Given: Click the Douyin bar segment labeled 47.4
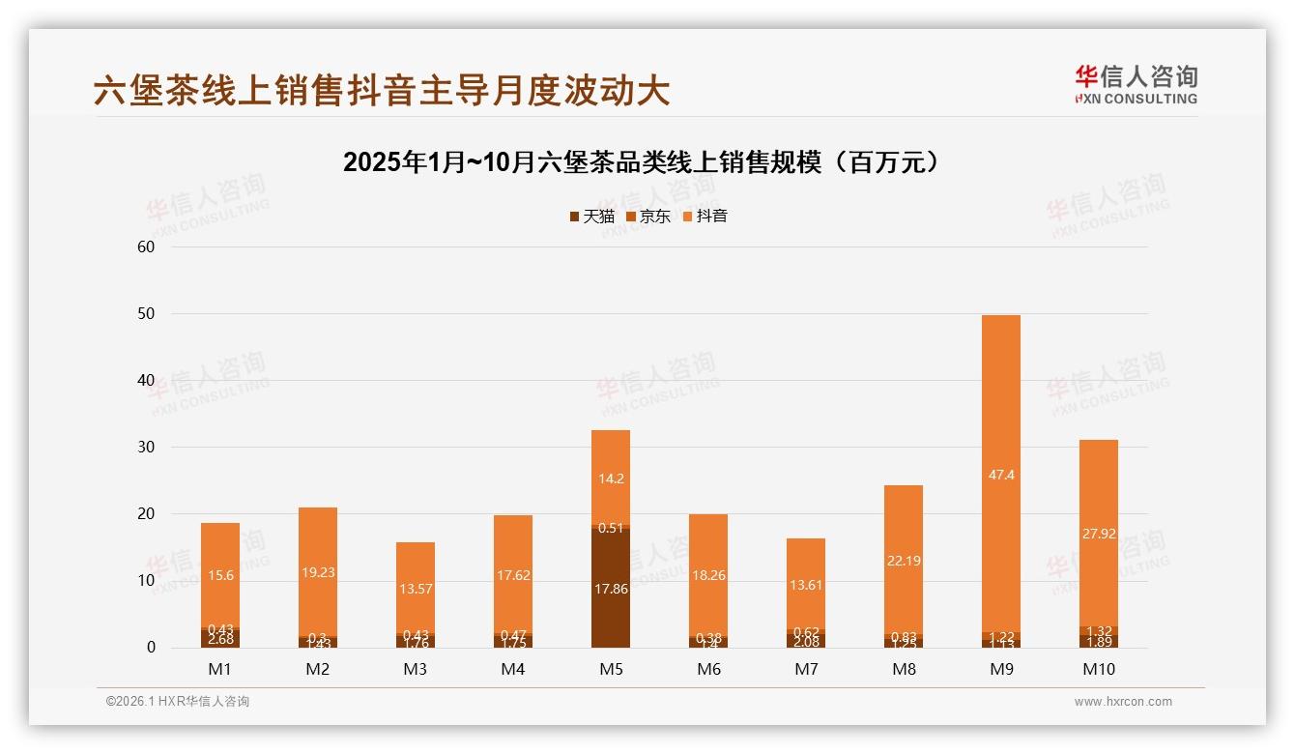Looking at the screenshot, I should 1001,474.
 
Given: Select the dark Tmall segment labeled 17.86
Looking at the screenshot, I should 610,588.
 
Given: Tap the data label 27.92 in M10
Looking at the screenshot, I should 1099,532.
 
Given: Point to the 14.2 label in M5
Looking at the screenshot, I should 610,478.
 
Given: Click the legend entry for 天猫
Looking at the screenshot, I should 591,216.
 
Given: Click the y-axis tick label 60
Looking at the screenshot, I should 147,246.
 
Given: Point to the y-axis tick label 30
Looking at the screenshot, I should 147,448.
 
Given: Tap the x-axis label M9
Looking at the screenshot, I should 1001,669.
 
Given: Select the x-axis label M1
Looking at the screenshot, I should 220,669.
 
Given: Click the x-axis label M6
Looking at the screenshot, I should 708,669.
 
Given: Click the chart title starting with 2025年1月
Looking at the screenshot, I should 642,161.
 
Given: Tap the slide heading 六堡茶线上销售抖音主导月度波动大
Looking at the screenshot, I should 382,91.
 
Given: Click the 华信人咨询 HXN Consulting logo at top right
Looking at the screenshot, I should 1136,85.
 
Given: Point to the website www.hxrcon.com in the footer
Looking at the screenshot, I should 1123,702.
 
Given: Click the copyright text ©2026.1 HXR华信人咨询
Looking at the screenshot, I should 178,702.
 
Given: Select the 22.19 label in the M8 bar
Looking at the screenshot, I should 904,560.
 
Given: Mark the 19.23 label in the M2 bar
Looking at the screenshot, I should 318,571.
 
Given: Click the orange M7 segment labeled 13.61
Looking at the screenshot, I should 806,584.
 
